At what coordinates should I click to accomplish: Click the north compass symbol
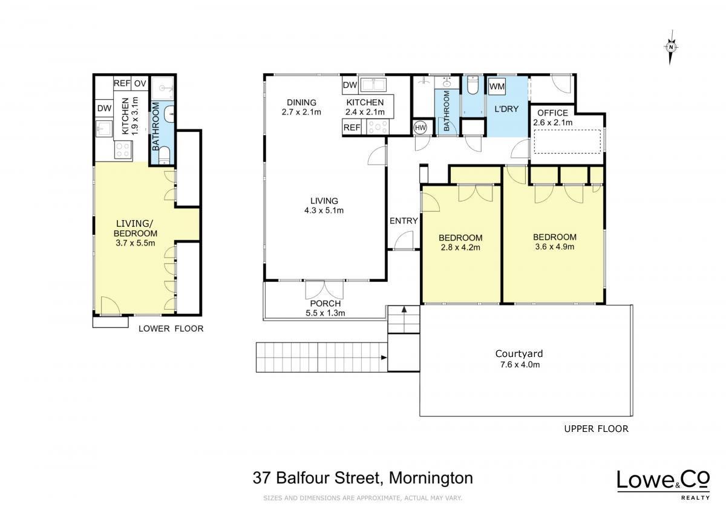(x=671, y=48)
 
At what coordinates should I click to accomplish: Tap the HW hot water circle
(x=420, y=128)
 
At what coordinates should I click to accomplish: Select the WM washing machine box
(x=497, y=86)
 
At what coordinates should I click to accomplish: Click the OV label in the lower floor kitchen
(x=140, y=83)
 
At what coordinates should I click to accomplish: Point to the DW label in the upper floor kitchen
(x=350, y=85)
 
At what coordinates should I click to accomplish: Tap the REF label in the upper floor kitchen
(x=352, y=128)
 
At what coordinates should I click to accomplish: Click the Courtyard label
(x=519, y=353)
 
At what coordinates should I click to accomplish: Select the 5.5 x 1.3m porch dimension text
(x=325, y=313)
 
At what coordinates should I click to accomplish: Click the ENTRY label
(x=404, y=221)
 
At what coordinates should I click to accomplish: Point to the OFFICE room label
(x=552, y=113)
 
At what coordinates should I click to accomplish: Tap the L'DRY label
(x=506, y=109)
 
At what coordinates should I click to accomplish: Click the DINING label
(x=301, y=102)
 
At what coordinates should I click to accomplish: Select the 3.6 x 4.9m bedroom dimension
(x=555, y=247)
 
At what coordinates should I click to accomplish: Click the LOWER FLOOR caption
(x=171, y=328)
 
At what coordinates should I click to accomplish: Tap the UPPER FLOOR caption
(x=597, y=429)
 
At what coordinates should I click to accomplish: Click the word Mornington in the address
(x=431, y=478)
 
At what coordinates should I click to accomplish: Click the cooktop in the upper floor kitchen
(x=378, y=126)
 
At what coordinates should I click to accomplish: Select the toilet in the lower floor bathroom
(x=165, y=155)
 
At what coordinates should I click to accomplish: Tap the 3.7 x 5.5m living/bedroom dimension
(x=136, y=243)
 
